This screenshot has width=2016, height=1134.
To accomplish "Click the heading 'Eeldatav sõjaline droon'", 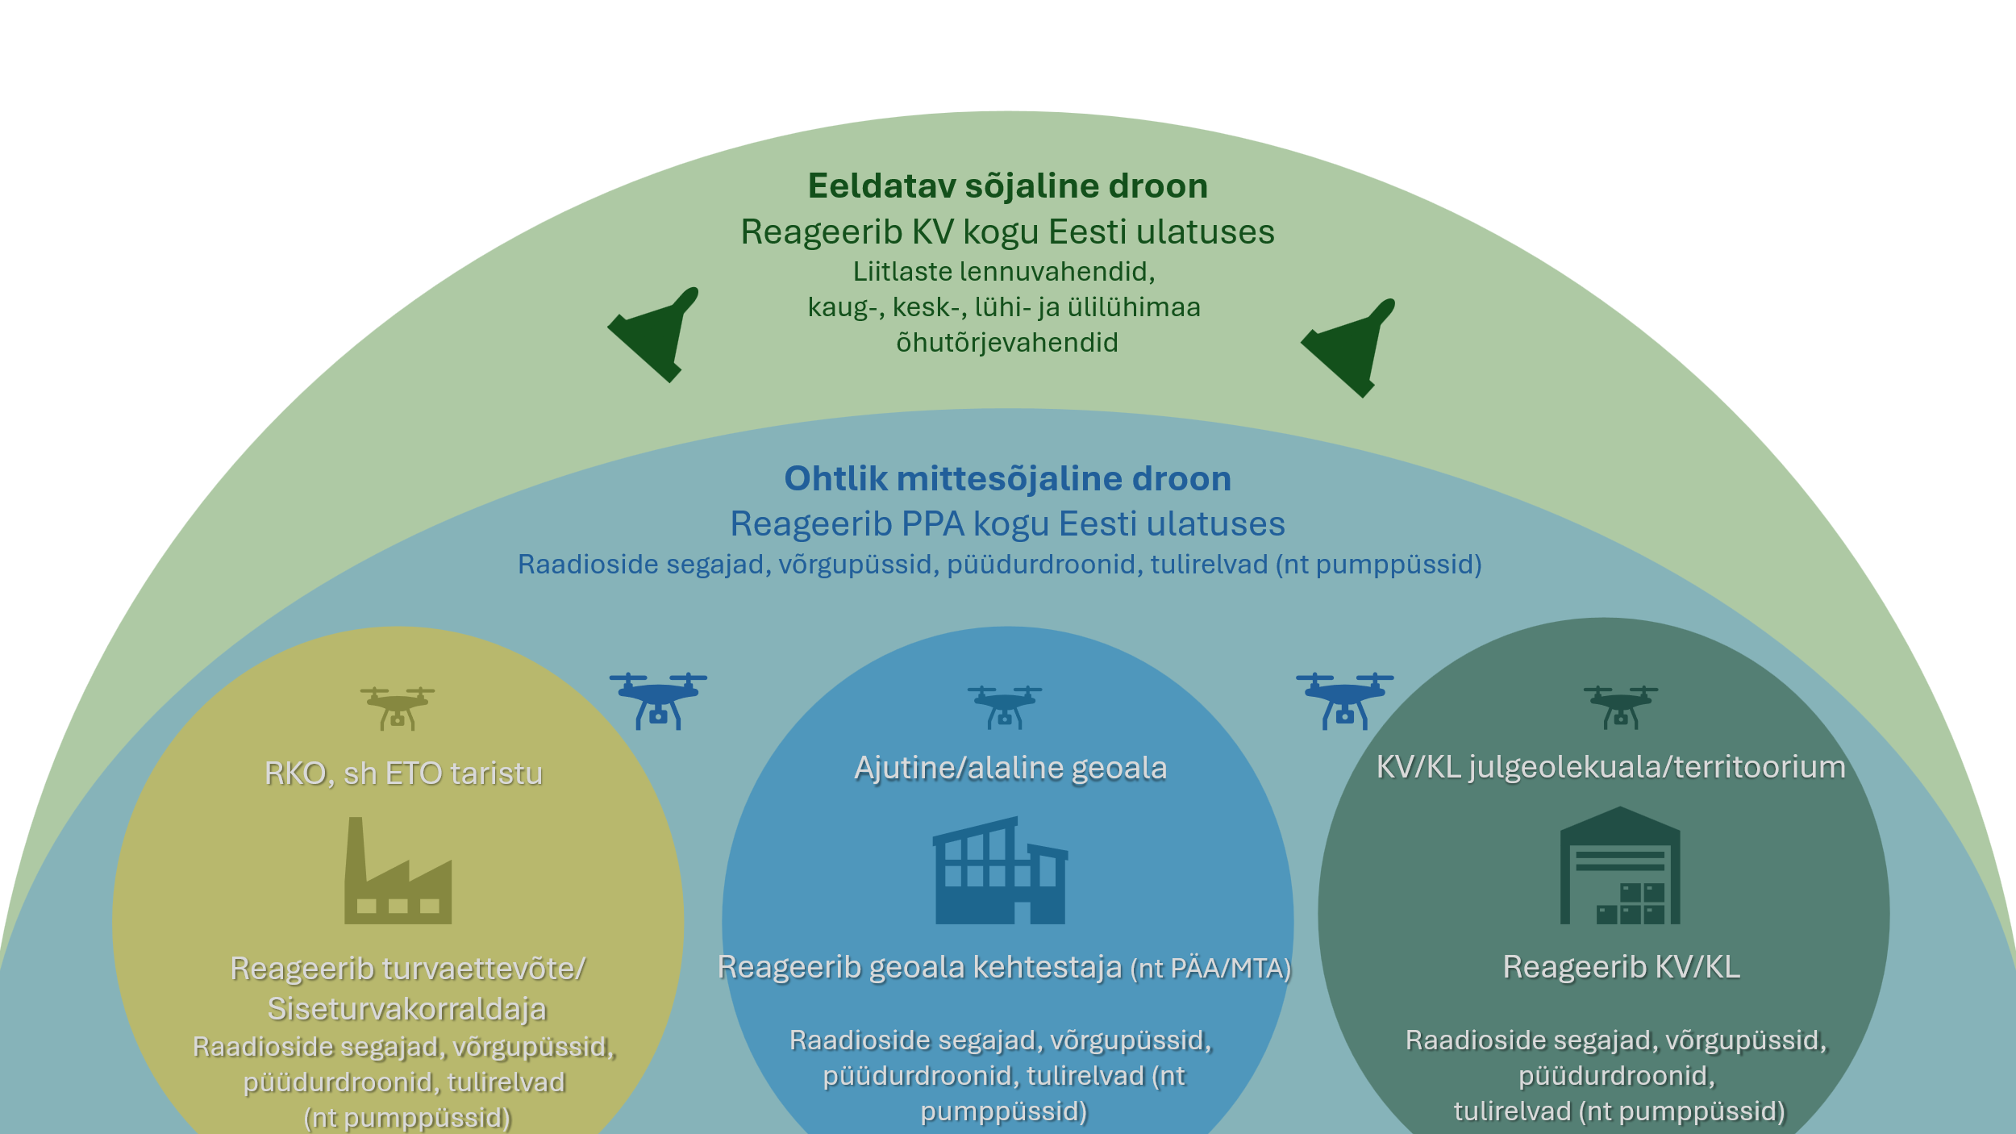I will (1007, 186).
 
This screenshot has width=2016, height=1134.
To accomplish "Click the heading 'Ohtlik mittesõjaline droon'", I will (1007, 479).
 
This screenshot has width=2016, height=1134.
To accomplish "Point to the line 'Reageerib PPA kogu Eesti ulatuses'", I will (1007, 524).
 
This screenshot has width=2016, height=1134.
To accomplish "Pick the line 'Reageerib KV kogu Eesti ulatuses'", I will (1007, 232).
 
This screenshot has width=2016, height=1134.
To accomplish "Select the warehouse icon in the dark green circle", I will (1620, 867).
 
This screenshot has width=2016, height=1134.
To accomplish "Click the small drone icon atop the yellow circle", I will (398, 708).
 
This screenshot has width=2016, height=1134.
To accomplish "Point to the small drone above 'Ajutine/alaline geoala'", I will (1005, 707).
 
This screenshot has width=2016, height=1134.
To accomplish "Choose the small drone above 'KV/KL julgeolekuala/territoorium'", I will (1621, 707).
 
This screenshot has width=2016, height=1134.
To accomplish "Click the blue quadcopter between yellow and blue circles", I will (658, 701).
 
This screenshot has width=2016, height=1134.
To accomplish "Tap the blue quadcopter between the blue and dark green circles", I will (1345, 701).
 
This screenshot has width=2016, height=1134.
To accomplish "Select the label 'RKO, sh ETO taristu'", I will (403, 773).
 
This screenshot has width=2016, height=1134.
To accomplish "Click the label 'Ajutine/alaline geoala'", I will (1010, 768).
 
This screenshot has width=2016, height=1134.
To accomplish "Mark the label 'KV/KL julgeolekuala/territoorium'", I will (1610, 767).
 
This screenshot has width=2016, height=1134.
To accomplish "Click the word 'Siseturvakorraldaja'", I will (407, 1009).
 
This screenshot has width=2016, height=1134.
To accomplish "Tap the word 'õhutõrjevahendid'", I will (1007, 343).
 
